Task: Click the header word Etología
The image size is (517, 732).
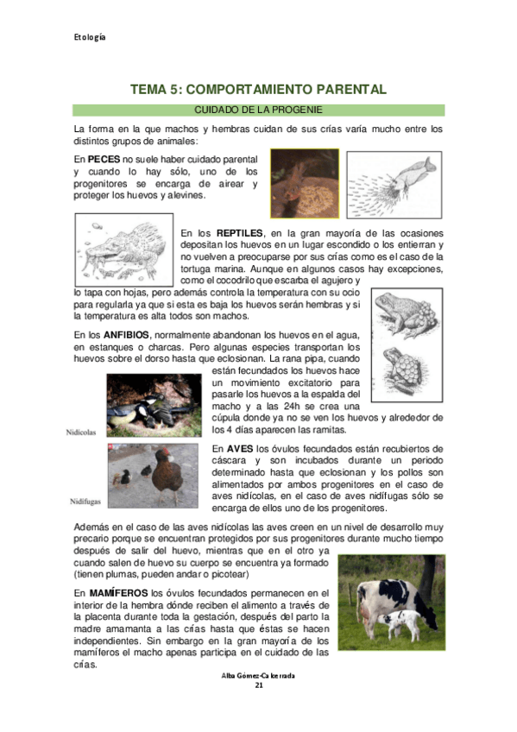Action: [x=89, y=37]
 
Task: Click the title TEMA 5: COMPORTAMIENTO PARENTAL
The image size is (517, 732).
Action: [x=258, y=90]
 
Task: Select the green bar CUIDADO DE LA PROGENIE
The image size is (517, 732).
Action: [x=258, y=110]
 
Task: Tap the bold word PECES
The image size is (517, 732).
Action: [x=104, y=160]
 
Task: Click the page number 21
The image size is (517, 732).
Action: [x=258, y=685]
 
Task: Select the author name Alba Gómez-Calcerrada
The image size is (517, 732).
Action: [x=258, y=675]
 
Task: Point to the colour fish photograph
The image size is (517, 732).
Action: [x=304, y=183]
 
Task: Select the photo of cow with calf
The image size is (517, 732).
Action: [x=391, y=603]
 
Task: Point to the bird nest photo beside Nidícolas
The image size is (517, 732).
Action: [x=154, y=406]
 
